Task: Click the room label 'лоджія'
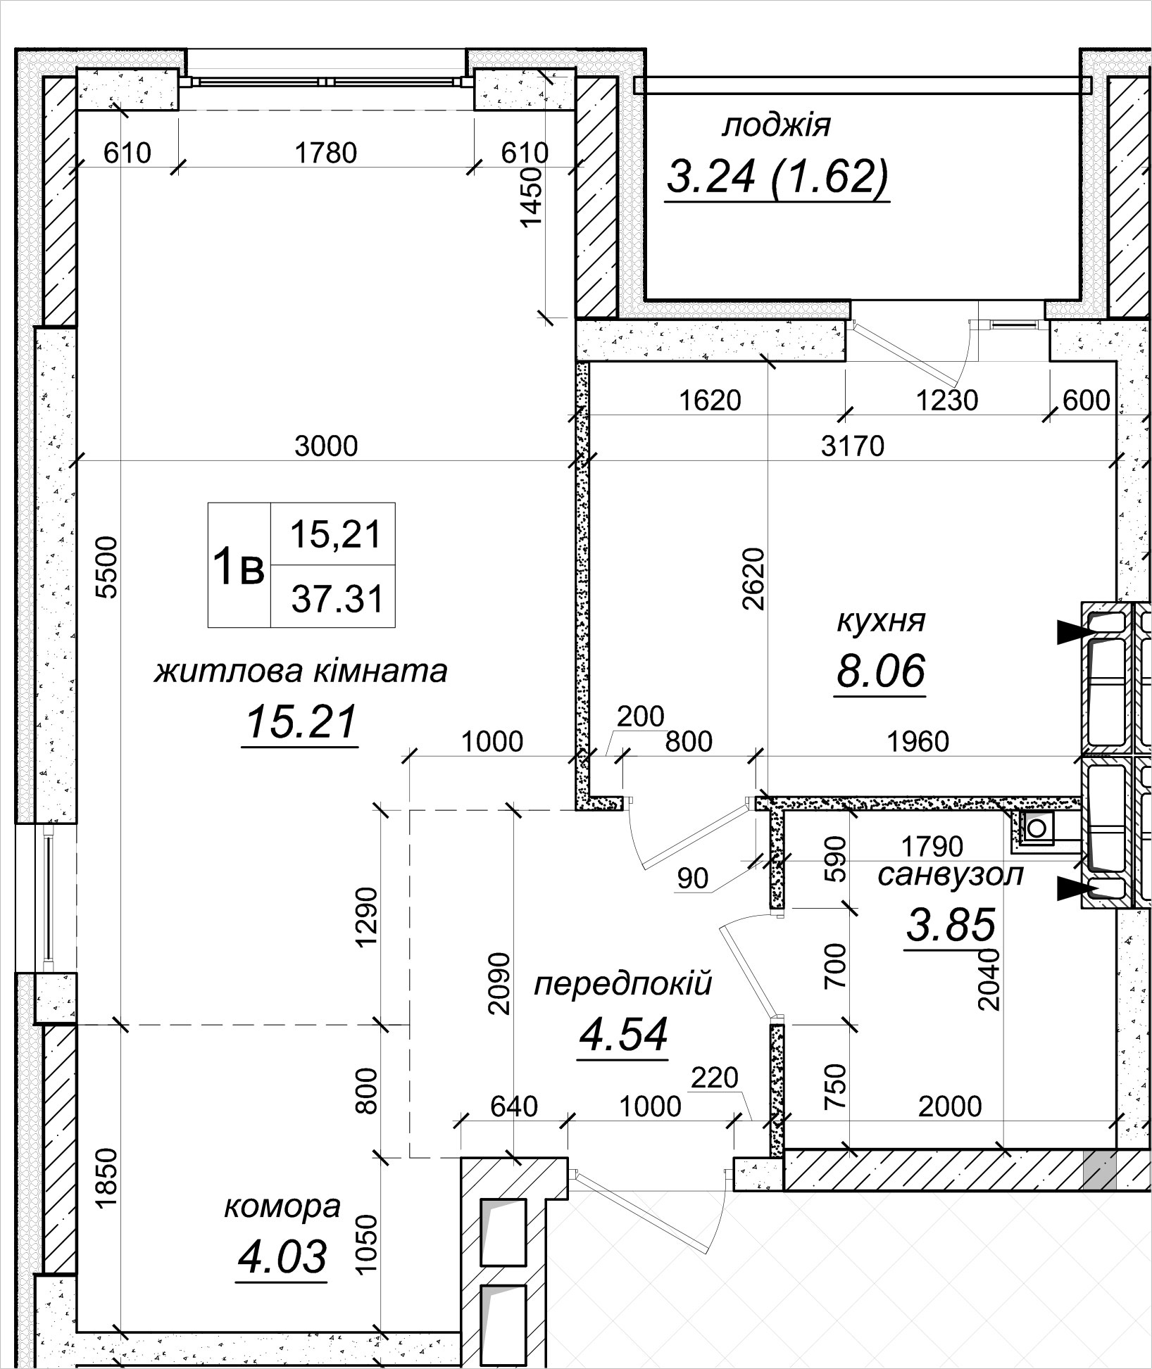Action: click(x=776, y=127)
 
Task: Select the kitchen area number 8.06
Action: click(x=879, y=670)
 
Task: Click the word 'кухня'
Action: click(x=880, y=622)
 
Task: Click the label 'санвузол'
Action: click(x=950, y=876)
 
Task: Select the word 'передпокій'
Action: click(x=622, y=983)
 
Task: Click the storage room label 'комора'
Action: click(x=282, y=1207)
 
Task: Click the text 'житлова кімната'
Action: click(x=301, y=671)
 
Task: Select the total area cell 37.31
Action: click(x=337, y=600)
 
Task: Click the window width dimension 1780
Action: click(x=326, y=153)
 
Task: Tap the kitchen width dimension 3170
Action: click(x=852, y=446)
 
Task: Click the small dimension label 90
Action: click(x=691, y=878)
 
